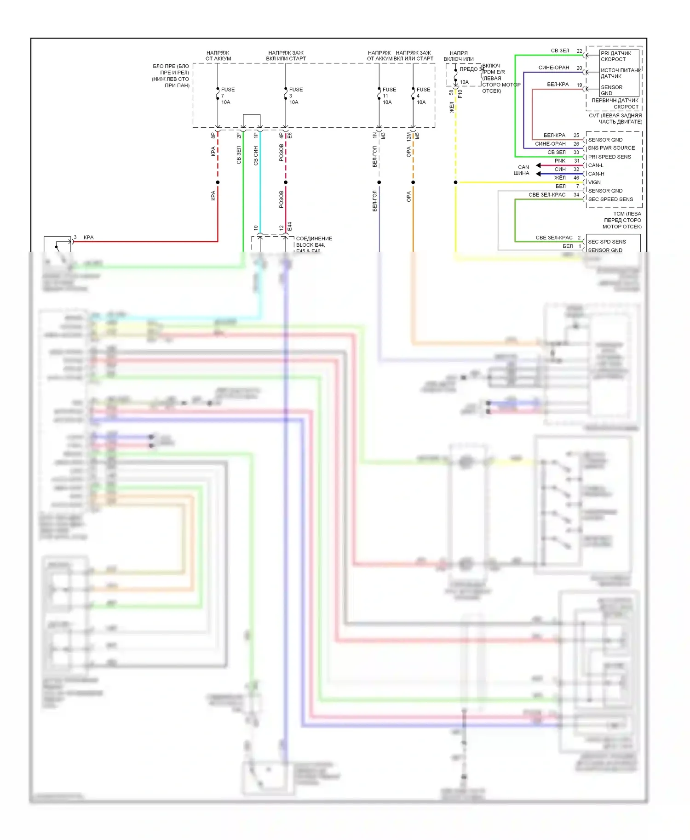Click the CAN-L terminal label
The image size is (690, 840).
point(596,165)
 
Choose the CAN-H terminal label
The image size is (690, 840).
point(596,174)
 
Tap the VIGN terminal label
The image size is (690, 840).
point(594,182)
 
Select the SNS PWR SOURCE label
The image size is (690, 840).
point(611,148)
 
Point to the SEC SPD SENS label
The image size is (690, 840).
point(607,242)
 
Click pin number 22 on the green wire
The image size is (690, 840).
point(579,51)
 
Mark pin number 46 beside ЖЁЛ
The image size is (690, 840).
point(576,178)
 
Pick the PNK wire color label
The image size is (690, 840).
point(560,161)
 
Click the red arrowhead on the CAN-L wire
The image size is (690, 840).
point(538,165)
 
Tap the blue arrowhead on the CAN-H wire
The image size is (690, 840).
point(538,174)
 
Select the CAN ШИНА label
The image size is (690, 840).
point(522,170)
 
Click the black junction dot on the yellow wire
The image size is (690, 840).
point(455,182)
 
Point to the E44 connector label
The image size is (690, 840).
point(290,227)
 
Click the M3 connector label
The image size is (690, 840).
point(383,136)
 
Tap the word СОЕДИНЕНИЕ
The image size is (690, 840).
point(314,238)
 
